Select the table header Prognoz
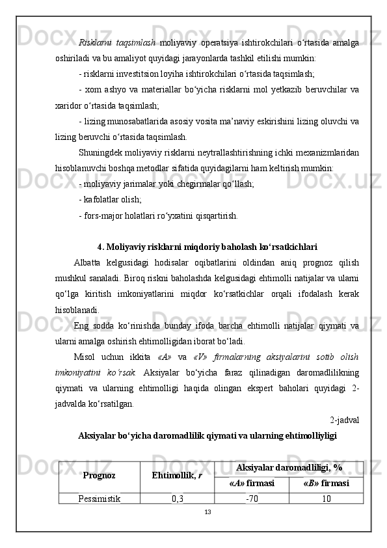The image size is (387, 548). pyautogui.click(x=100, y=476)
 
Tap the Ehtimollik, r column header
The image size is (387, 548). pyautogui.click(x=176, y=476)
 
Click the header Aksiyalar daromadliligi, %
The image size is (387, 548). pyautogui.click(x=289, y=468)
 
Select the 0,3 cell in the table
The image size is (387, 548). pyautogui.click(x=177, y=499)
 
